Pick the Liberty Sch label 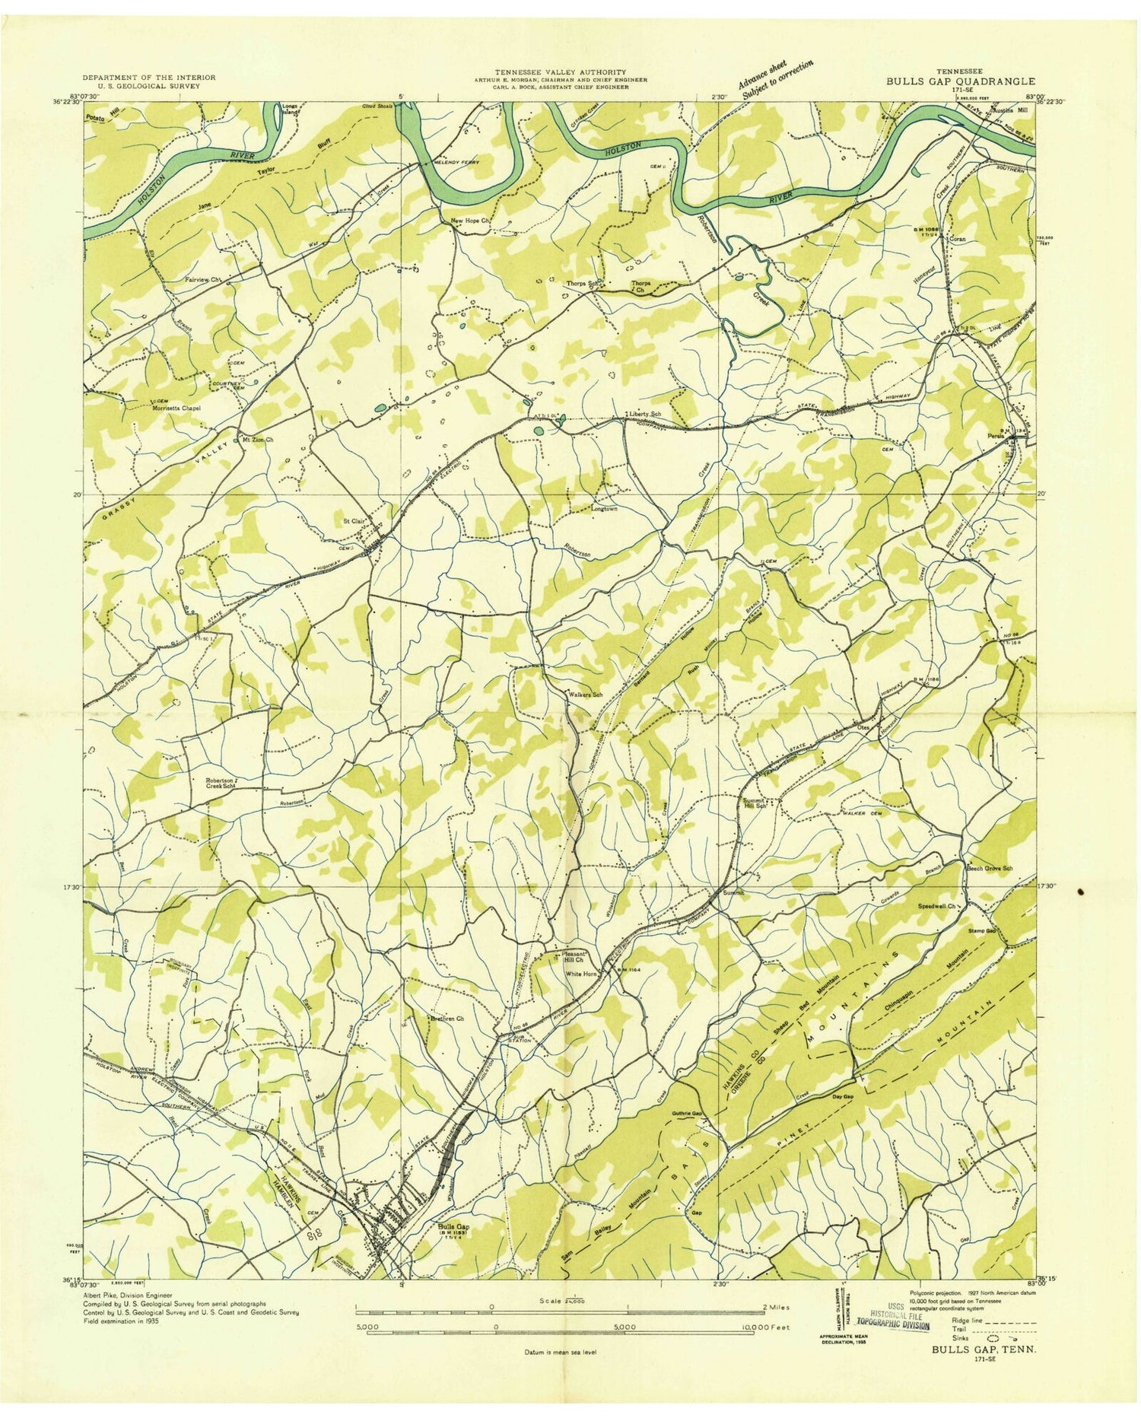click(644, 414)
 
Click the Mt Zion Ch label click(259, 440)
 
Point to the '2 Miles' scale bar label click(774, 1306)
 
